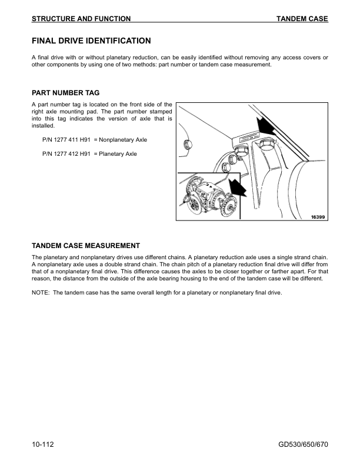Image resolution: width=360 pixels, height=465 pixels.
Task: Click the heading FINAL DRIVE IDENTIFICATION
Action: tap(91, 41)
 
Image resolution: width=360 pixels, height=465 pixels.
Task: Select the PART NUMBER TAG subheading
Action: tap(65, 93)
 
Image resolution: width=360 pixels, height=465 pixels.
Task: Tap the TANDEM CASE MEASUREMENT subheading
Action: tap(85, 245)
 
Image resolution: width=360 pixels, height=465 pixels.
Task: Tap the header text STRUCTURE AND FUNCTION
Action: tap(81, 19)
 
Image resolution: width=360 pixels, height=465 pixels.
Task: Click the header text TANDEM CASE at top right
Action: tap(302, 19)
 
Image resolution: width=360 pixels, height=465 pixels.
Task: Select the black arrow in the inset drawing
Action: tap(237, 187)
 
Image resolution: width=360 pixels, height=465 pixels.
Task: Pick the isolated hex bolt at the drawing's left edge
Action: tap(188, 145)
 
